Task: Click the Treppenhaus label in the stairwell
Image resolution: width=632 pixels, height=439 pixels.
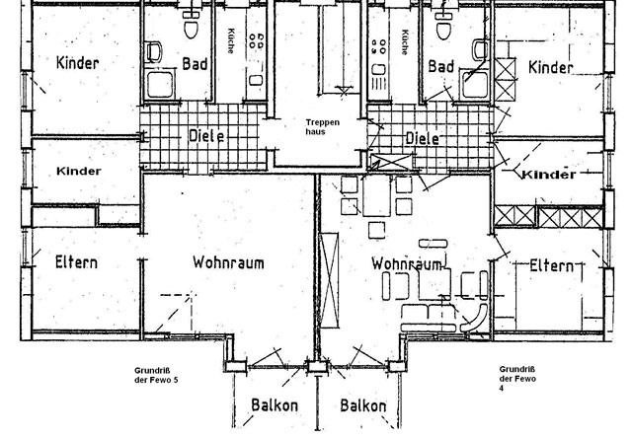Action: click(x=321, y=125)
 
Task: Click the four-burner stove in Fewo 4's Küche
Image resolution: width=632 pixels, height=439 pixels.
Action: click(x=376, y=41)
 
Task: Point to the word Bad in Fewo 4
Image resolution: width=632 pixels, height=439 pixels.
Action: click(x=440, y=66)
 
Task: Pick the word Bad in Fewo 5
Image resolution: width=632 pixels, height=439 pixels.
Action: click(x=195, y=65)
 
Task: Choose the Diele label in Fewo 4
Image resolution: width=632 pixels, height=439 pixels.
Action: click(x=422, y=138)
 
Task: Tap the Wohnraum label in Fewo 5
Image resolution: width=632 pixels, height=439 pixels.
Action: click(x=229, y=264)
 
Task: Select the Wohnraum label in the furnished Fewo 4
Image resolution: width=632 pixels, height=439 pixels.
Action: click(x=405, y=264)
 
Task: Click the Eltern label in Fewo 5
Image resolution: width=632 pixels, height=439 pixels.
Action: click(x=70, y=263)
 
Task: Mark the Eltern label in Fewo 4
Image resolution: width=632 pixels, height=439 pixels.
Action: click(x=551, y=265)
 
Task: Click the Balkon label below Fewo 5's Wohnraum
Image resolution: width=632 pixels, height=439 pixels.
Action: click(x=274, y=405)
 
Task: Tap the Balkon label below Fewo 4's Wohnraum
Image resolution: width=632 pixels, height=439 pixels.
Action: click(x=362, y=405)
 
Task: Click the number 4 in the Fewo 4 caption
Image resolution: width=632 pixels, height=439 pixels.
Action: click(x=502, y=388)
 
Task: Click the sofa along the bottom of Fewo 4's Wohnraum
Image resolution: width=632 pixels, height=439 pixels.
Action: click(x=427, y=317)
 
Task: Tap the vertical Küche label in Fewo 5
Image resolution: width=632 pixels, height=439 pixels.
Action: click(x=229, y=40)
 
